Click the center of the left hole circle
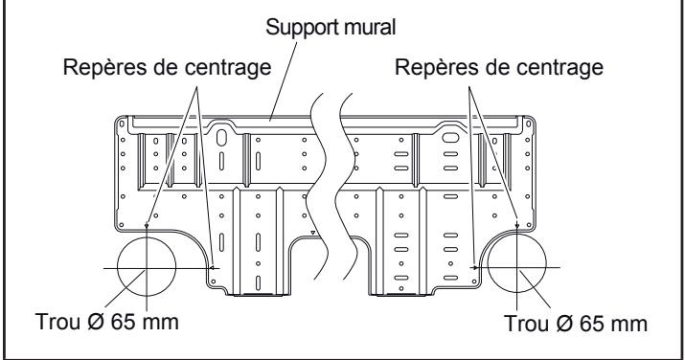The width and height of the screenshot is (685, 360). [x=146, y=268]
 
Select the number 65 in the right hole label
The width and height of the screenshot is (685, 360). [x=590, y=321]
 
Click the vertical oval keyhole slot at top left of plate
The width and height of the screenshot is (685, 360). [x=223, y=138]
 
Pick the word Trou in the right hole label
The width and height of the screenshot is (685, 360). [x=525, y=321]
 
